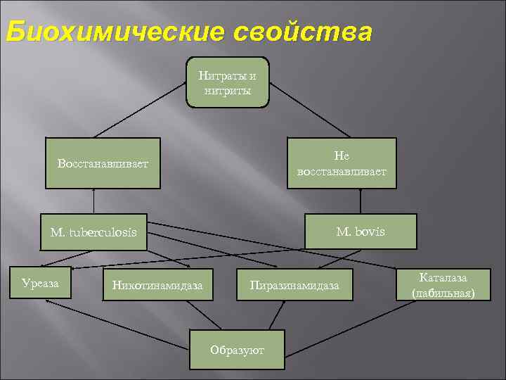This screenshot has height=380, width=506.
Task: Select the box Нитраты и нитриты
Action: click(x=227, y=82)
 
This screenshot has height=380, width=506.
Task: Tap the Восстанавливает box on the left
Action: click(x=103, y=163)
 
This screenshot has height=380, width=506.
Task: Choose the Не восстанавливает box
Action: click(x=342, y=163)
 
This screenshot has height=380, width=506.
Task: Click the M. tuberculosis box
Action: click(x=93, y=232)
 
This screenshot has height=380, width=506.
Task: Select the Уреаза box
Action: click(x=40, y=283)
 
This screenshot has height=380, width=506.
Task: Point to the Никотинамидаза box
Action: click(x=157, y=285)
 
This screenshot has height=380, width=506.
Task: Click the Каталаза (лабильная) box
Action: click(x=443, y=285)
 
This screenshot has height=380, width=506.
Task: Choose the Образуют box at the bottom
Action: click(x=238, y=349)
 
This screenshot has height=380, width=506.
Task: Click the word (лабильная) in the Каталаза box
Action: click(x=443, y=292)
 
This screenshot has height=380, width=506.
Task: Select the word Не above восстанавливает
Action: click(x=342, y=156)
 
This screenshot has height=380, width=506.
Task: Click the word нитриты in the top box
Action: click(x=227, y=90)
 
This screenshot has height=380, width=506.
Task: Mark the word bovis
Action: click(x=370, y=232)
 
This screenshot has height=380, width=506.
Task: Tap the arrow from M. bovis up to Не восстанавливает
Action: click(x=360, y=201)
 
